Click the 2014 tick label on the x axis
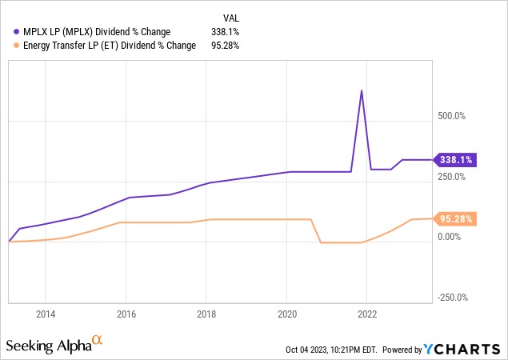coord(45,315)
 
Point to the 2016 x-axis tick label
coord(126,315)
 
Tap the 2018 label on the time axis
coord(206,315)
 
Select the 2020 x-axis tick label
coord(287,315)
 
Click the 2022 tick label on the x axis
coord(367,315)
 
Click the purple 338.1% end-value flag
coord(454,159)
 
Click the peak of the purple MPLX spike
coord(362,90)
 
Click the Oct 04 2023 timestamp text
coord(331,350)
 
